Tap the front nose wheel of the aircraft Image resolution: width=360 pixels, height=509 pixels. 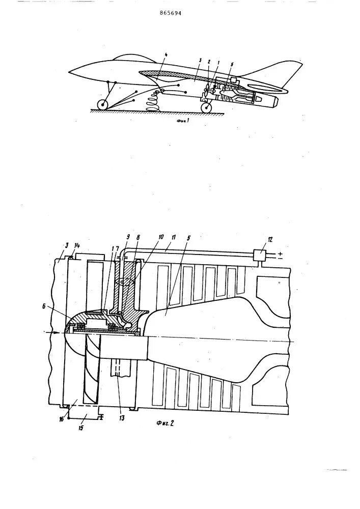103,105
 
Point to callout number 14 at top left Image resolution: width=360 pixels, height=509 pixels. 77,246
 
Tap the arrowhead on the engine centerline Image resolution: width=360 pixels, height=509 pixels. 51,333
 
